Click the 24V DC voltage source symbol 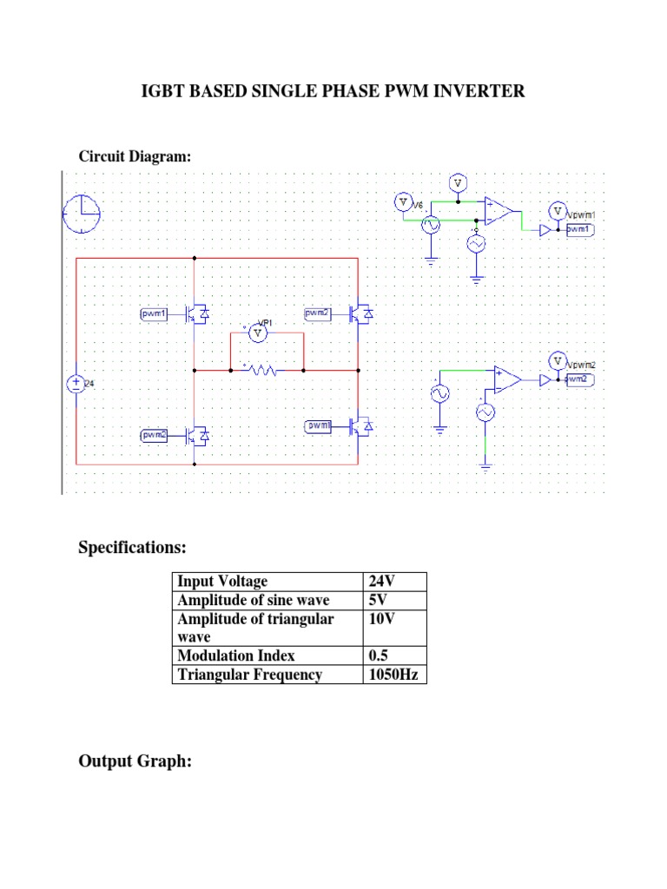(76, 384)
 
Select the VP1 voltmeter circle (255, 332)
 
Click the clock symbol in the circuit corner (82, 214)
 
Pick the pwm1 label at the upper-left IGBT (154, 313)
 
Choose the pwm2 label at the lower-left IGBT (155, 434)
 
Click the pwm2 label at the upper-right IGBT (318, 312)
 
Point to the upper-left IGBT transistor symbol (195, 314)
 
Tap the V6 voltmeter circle (402, 201)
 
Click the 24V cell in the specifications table (383, 581)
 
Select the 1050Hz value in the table (394, 675)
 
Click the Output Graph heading (135, 761)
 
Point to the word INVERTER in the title (482, 91)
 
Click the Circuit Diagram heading (135, 156)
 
